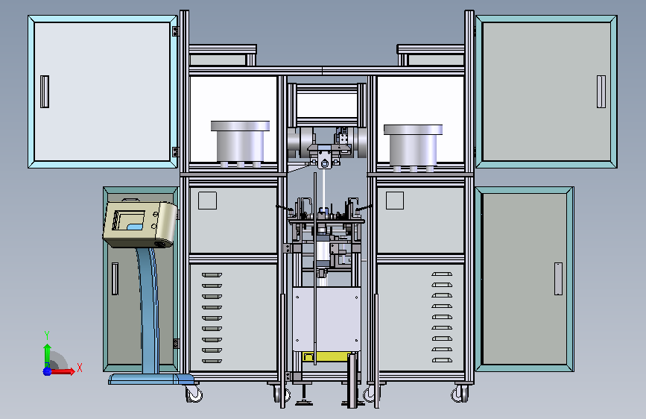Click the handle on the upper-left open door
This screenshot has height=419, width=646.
point(45,92)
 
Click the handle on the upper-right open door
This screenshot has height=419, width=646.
point(601,92)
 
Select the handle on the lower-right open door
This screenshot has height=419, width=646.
point(558,279)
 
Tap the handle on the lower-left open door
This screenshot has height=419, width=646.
point(115,279)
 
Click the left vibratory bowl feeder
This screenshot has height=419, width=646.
point(240,143)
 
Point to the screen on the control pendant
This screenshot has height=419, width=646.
point(129,220)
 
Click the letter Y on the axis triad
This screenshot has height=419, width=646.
point(47,335)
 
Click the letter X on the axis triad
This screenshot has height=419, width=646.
point(80,368)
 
